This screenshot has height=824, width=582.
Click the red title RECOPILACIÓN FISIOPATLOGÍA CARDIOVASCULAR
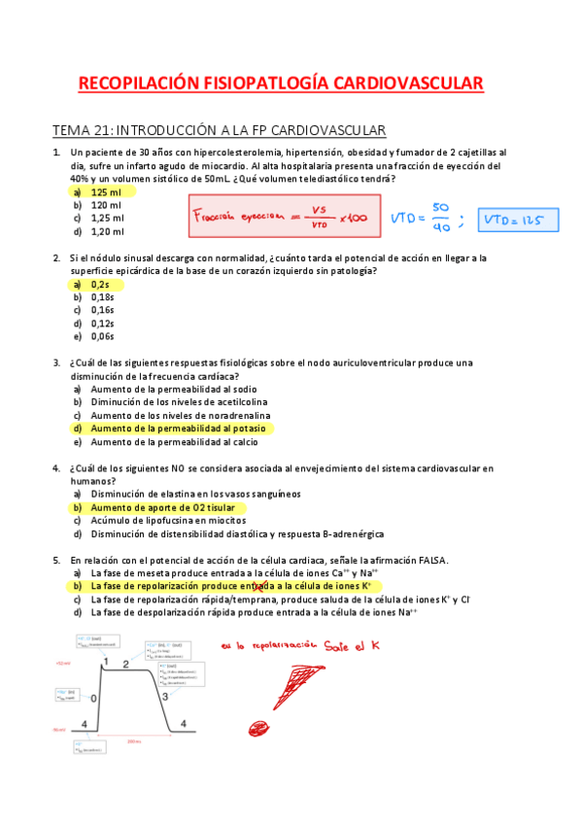pyautogui.click(x=280, y=85)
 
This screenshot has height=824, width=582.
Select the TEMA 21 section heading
pyautogui.click(x=220, y=130)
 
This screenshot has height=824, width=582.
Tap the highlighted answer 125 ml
pyautogui.click(x=106, y=192)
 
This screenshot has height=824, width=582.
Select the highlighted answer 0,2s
pyautogui.click(x=100, y=285)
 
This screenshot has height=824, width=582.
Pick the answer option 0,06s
pyautogui.click(x=103, y=336)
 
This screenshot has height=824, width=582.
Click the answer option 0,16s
pyautogui.click(x=103, y=310)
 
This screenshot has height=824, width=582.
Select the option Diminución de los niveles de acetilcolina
pyautogui.click(x=180, y=401)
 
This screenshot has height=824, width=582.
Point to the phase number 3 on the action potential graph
pyautogui.click(x=166, y=697)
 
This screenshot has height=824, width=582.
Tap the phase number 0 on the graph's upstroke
pyautogui.click(x=94, y=699)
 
